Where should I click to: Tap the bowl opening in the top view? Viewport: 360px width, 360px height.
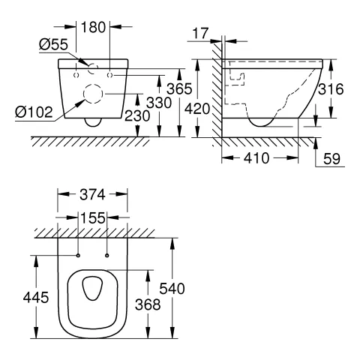[94, 290]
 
